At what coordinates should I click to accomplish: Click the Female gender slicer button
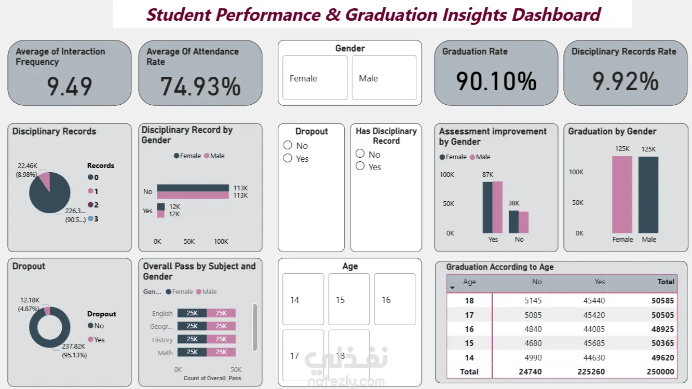point(315,78)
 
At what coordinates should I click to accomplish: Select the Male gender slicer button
point(384,78)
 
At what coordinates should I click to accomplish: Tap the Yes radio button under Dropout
point(288,158)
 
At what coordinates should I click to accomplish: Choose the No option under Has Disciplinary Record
point(360,154)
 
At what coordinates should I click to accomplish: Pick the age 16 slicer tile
point(395,299)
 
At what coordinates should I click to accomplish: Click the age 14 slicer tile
point(303,299)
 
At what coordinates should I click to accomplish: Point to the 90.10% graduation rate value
point(496,81)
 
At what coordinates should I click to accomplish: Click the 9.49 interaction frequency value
point(70,86)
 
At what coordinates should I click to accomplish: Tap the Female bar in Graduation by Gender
point(622,195)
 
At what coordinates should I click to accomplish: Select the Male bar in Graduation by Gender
point(648,195)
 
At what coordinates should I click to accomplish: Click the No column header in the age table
point(537,282)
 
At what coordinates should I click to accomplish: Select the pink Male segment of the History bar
point(221,339)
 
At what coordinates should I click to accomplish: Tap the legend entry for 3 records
point(91,219)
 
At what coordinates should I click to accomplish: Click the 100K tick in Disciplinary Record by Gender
point(221,241)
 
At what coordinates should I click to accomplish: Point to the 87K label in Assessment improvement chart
point(487,174)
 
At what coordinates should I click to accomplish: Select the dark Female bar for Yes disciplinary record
point(160,206)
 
